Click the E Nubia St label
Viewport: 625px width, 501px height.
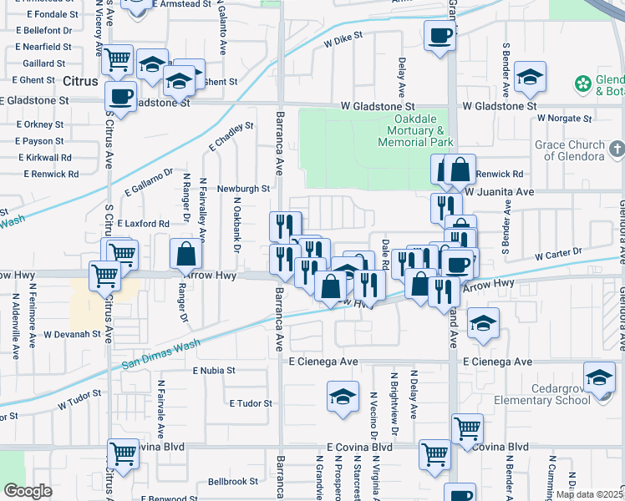(215, 370)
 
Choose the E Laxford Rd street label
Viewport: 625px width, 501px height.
(143, 224)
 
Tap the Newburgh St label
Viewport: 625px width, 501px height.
(243, 190)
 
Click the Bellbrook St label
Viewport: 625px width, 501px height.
(233, 482)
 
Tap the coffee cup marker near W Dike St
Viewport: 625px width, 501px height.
(440, 36)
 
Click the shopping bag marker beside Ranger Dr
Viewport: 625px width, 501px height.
(186, 254)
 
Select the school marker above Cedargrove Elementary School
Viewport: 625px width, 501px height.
(598, 377)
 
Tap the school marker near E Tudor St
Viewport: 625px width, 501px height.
(343, 397)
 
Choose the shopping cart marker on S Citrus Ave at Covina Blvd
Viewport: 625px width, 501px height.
(123, 454)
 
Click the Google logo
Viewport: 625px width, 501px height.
(28, 491)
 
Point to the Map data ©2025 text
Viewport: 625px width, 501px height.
(589, 494)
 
